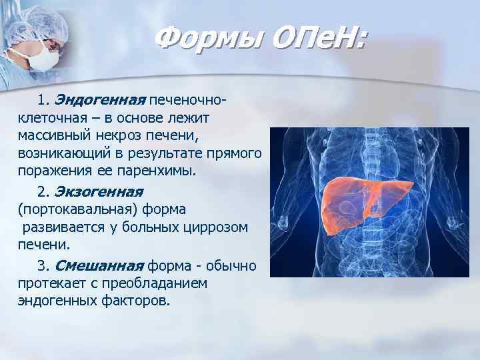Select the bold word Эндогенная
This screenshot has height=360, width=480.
click(99, 101)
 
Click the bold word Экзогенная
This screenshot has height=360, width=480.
click(99, 192)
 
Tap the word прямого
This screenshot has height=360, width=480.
click(234, 153)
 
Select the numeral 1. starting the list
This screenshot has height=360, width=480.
click(44, 101)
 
